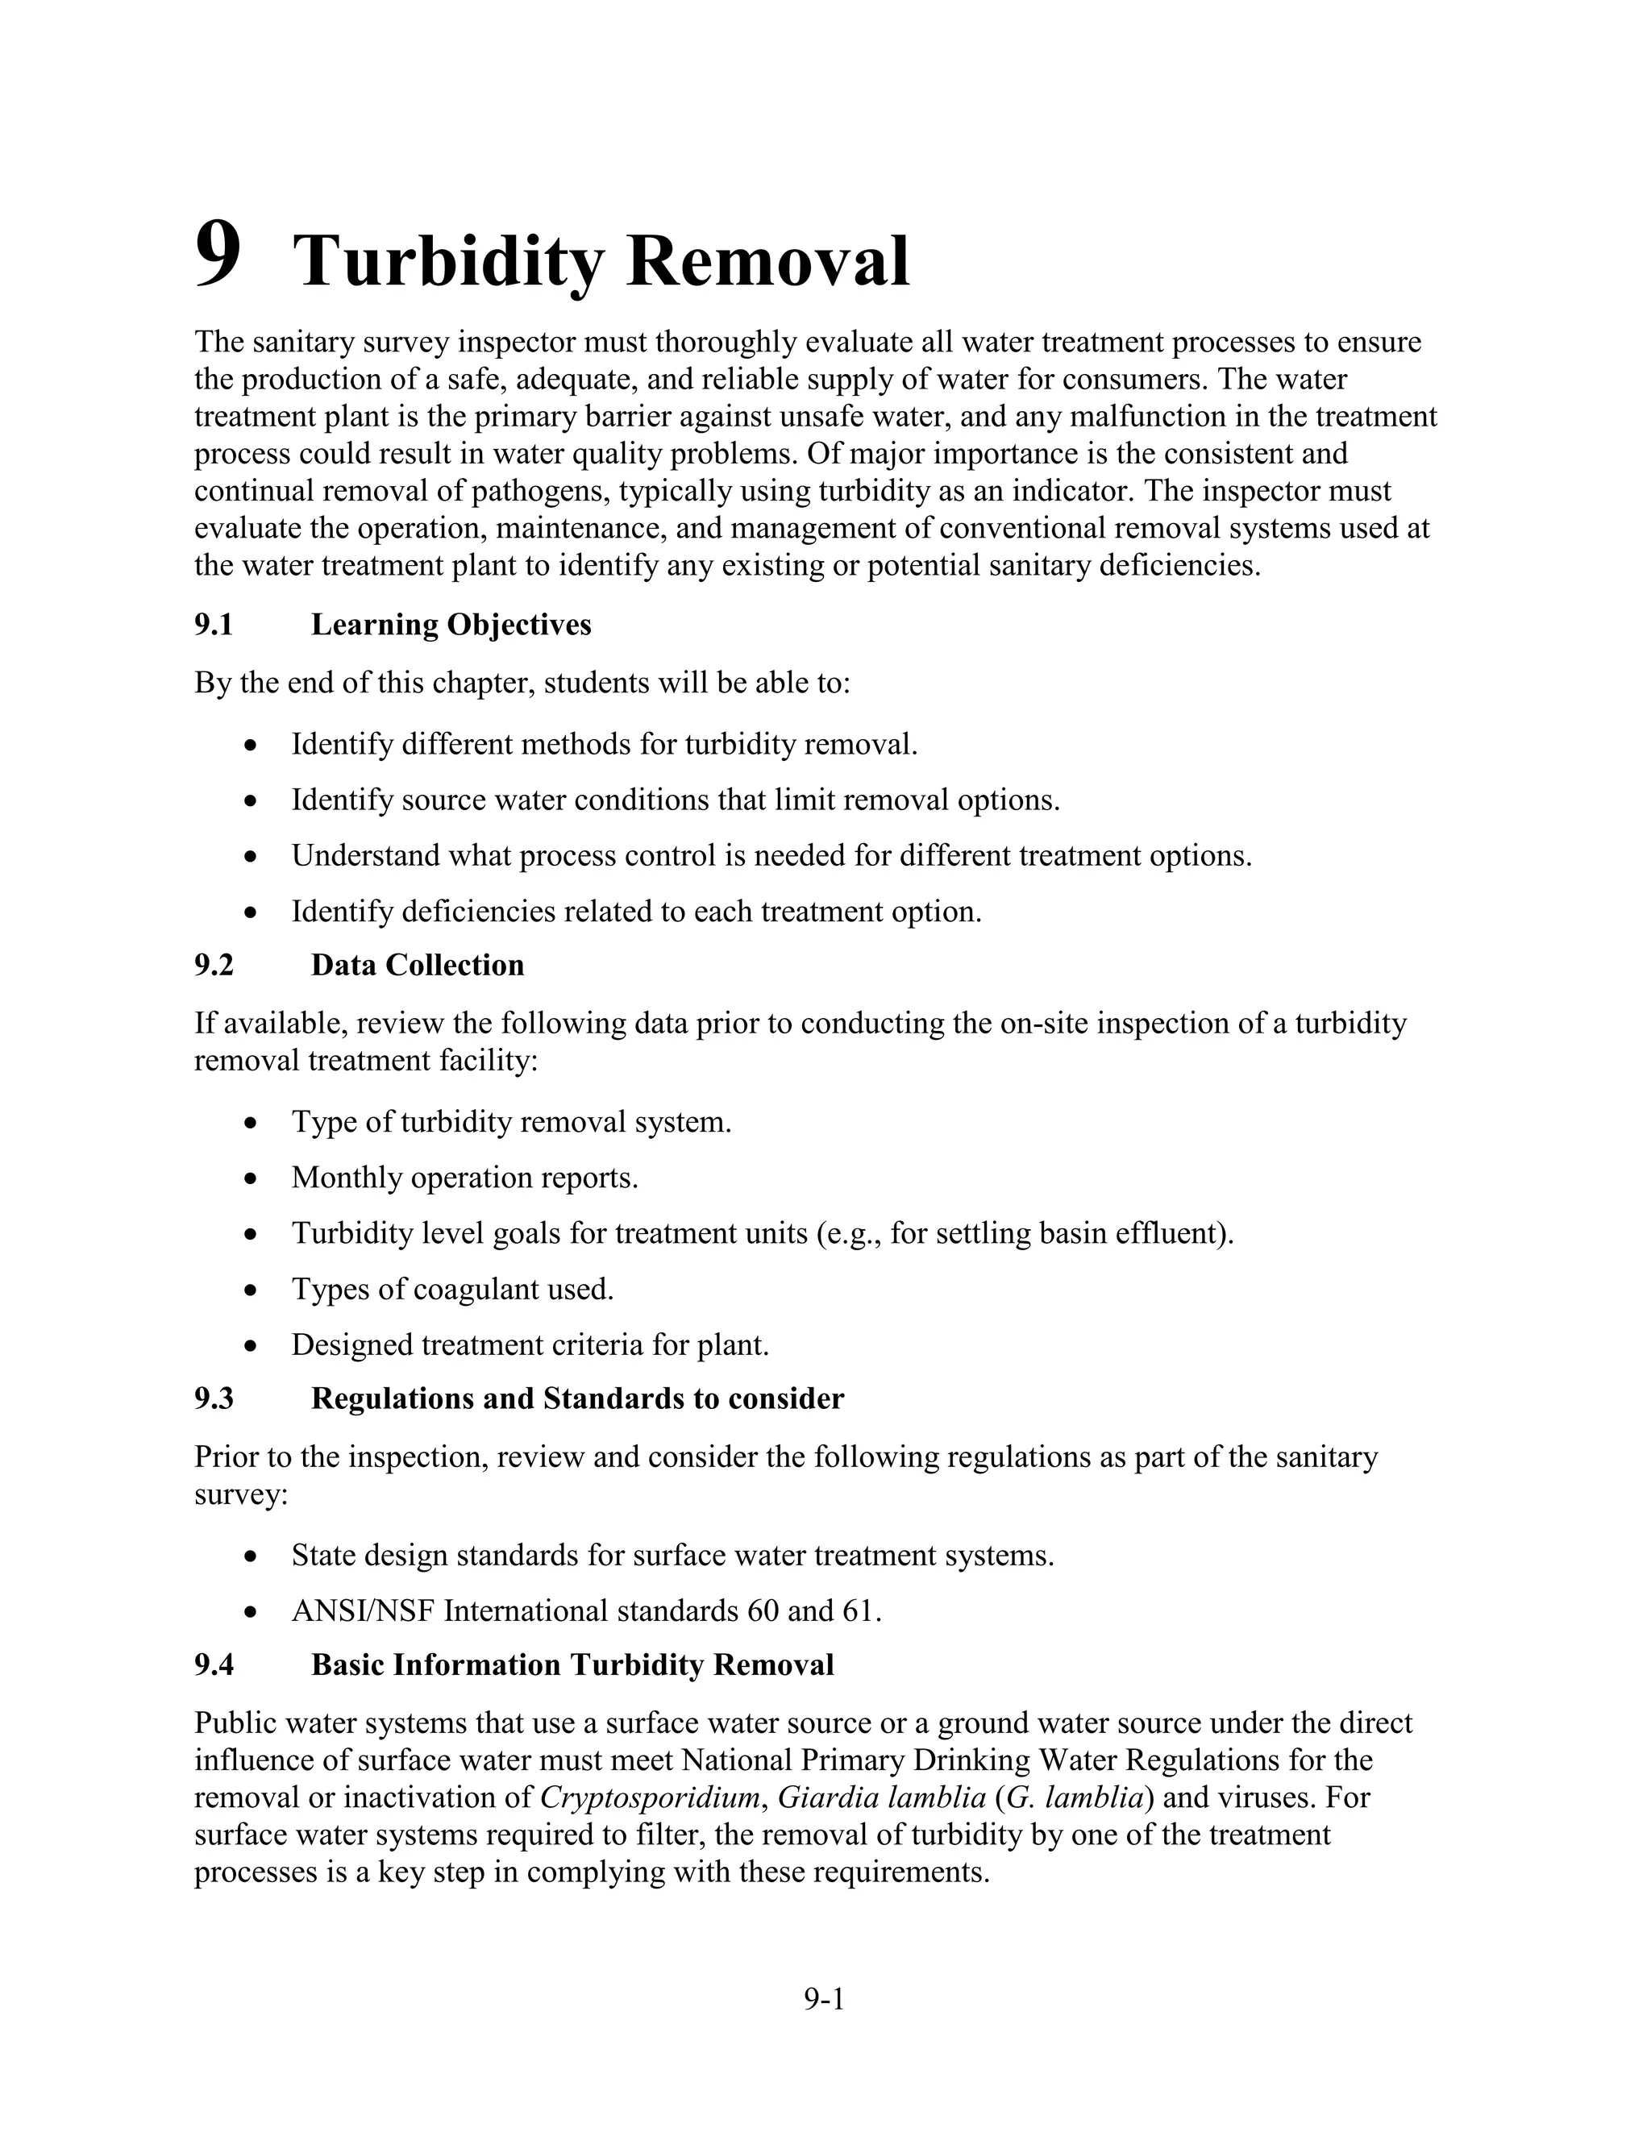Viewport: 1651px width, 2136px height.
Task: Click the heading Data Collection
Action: pos(418,966)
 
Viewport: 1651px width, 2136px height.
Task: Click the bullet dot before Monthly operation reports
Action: pos(252,1179)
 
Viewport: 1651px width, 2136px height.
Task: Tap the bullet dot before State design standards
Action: pos(252,1557)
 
